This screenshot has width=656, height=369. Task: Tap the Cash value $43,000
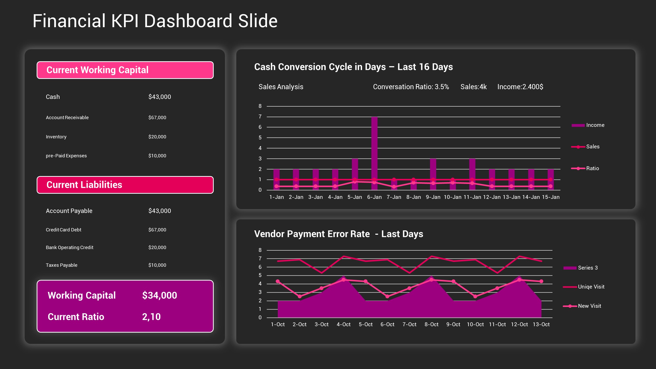(x=159, y=97)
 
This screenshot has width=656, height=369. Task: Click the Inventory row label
(x=56, y=137)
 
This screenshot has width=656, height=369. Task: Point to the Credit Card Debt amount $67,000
(x=157, y=230)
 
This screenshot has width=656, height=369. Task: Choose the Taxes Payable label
(x=61, y=265)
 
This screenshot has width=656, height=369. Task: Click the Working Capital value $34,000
(x=159, y=295)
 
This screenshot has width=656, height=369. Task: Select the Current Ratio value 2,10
(x=151, y=317)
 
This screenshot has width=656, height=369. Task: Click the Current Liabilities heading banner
(x=125, y=185)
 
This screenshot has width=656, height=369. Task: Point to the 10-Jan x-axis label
(x=453, y=197)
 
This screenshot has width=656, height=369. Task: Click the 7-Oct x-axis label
(x=409, y=324)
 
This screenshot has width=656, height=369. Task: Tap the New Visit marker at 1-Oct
(x=278, y=281)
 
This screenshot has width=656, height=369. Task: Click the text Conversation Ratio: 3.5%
(x=411, y=87)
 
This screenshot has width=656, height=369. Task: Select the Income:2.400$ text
(x=520, y=87)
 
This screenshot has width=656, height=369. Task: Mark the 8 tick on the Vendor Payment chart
(x=260, y=250)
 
